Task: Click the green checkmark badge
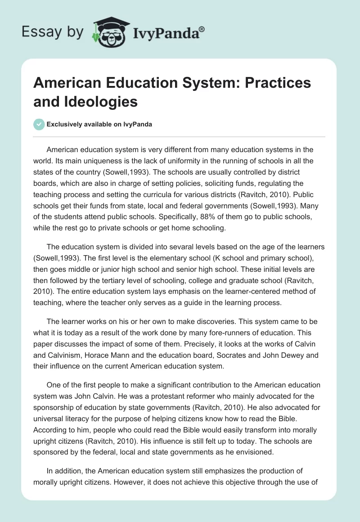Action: coord(39,124)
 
